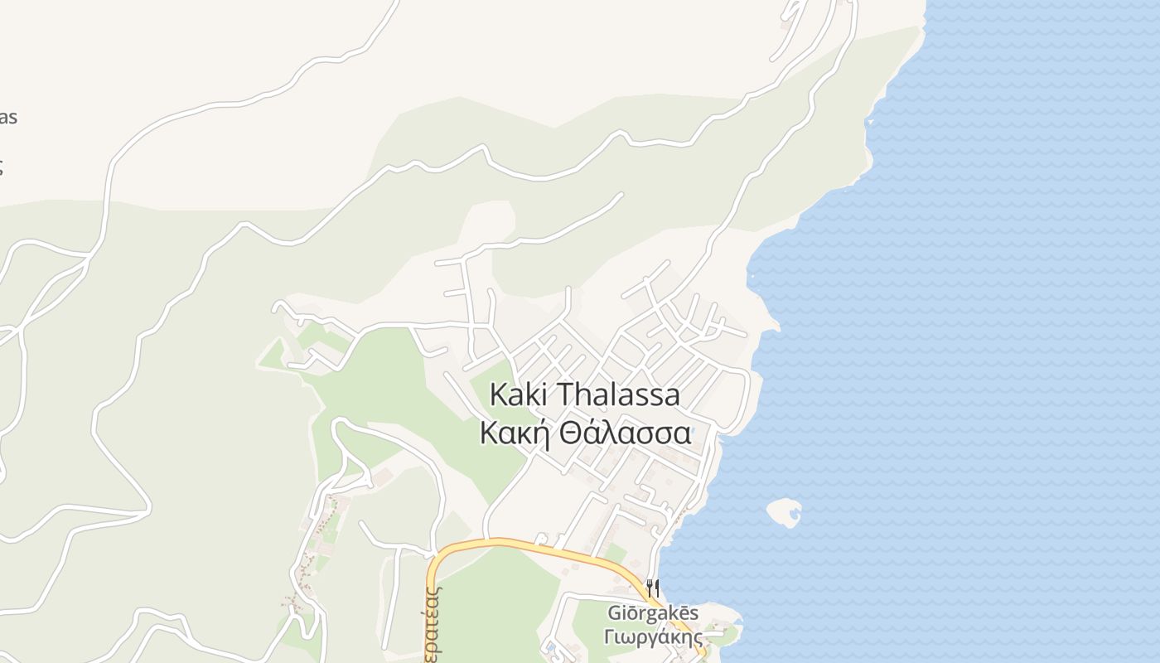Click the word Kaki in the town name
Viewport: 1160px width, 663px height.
tap(520, 395)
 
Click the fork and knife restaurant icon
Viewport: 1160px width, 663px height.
tap(653, 588)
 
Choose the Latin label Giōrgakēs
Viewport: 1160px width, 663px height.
tap(653, 614)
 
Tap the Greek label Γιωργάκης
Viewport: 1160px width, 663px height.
tap(653, 637)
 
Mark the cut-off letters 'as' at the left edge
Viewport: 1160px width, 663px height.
tap(7, 118)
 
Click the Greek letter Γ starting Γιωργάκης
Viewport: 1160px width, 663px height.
tap(610, 637)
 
